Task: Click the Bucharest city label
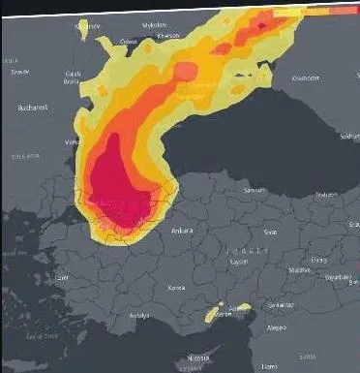pos(32,109)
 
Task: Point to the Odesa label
pos(129,42)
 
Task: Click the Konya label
pos(176,288)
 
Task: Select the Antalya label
pos(141,316)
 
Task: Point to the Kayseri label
pos(239,263)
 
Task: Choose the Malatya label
pos(297,270)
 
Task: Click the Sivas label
pos(270,232)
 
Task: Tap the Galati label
pos(73,73)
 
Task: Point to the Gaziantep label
pos(281,304)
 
